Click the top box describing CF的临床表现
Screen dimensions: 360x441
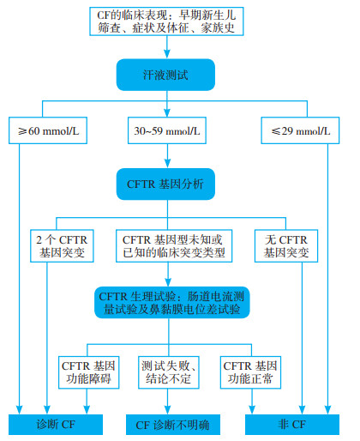166,21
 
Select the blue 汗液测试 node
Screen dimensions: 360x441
165,75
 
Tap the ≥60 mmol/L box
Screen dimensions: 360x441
48,130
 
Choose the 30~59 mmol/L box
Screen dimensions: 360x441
167,130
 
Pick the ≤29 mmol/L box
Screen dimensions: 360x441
300,130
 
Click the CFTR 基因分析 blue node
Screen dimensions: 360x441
165,184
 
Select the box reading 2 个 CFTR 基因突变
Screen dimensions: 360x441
62,246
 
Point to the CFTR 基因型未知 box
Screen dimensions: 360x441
174,246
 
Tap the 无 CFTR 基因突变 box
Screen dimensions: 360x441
286,246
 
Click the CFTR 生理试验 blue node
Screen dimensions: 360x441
172,303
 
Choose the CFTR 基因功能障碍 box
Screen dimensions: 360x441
89,372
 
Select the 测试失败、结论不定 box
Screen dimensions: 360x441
169,372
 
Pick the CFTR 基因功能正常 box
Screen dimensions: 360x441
250,372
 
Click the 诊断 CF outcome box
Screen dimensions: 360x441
56,425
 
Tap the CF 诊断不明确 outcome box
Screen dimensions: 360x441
173,425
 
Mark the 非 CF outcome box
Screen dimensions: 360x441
292,425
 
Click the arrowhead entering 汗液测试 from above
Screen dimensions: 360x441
167,54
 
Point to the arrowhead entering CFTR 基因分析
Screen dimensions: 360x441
168,164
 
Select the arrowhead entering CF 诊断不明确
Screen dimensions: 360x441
168,410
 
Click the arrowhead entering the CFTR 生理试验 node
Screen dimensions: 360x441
168,282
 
